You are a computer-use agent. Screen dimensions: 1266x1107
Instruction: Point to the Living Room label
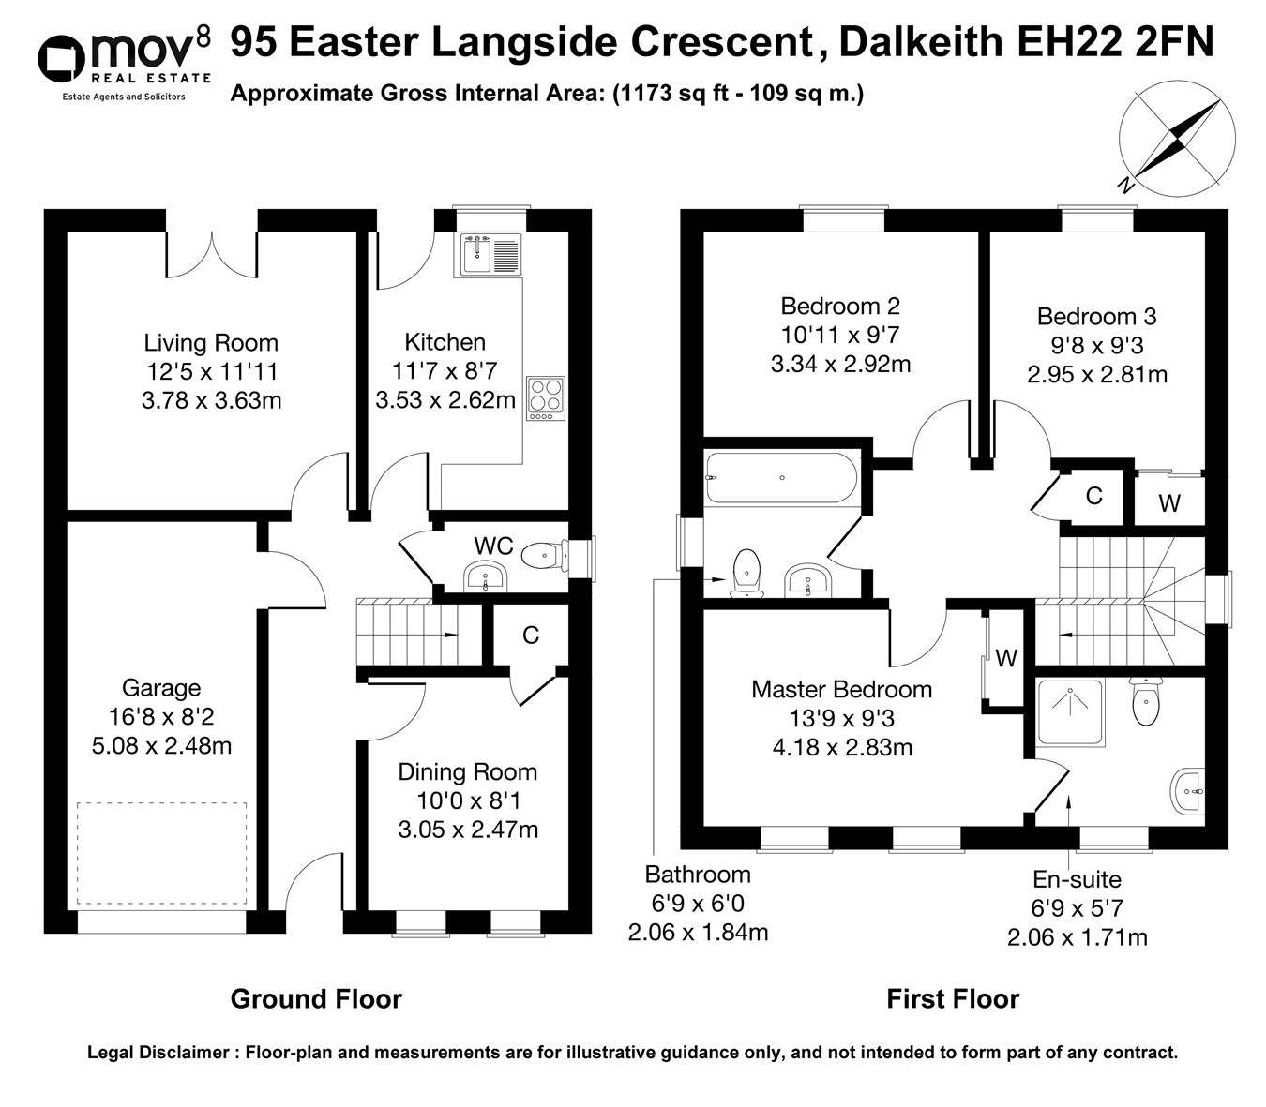(211, 342)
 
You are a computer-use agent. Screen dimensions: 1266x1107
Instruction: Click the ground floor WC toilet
(543, 556)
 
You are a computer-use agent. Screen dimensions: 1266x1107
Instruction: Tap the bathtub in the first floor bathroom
(781, 477)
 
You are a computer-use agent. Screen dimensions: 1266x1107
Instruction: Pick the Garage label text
(161, 688)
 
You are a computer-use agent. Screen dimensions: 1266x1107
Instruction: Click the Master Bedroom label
(841, 690)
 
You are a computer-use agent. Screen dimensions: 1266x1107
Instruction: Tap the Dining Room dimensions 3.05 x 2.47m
(468, 830)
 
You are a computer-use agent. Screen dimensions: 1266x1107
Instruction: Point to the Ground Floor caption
(316, 999)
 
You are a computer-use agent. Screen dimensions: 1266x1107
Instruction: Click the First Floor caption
(953, 999)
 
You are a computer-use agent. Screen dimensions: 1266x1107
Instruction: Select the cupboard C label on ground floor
(531, 636)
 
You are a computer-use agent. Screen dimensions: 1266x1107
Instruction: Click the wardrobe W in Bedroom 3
(1168, 503)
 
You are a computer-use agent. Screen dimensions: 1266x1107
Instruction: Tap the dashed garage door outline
(162, 853)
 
